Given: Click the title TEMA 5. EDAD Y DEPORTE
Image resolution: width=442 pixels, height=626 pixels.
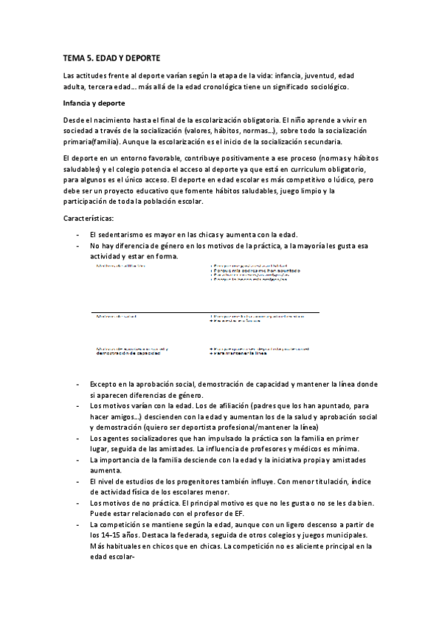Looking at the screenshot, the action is click(x=111, y=57).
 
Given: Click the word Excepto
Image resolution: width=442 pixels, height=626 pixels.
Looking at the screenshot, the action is click(x=104, y=384).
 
